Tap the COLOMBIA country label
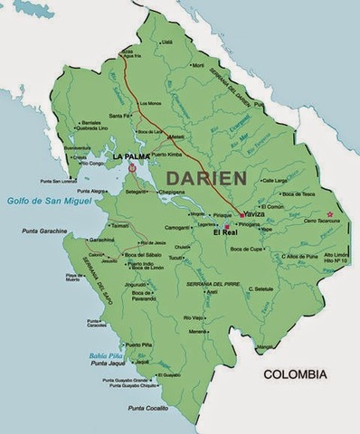pyautogui.click(x=300, y=373)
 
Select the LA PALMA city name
pyautogui.click(x=131, y=156)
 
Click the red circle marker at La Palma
pyautogui.click(x=133, y=167)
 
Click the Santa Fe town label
pyautogui.click(x=119, y=116)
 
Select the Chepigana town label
pyautogui.click(x=172, y=192)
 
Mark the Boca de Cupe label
pyautogui.click(x=248, y=249)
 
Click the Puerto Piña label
pyautogui.click(x=138, y=344)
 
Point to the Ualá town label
pyautogui.click(x=166, y=42)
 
